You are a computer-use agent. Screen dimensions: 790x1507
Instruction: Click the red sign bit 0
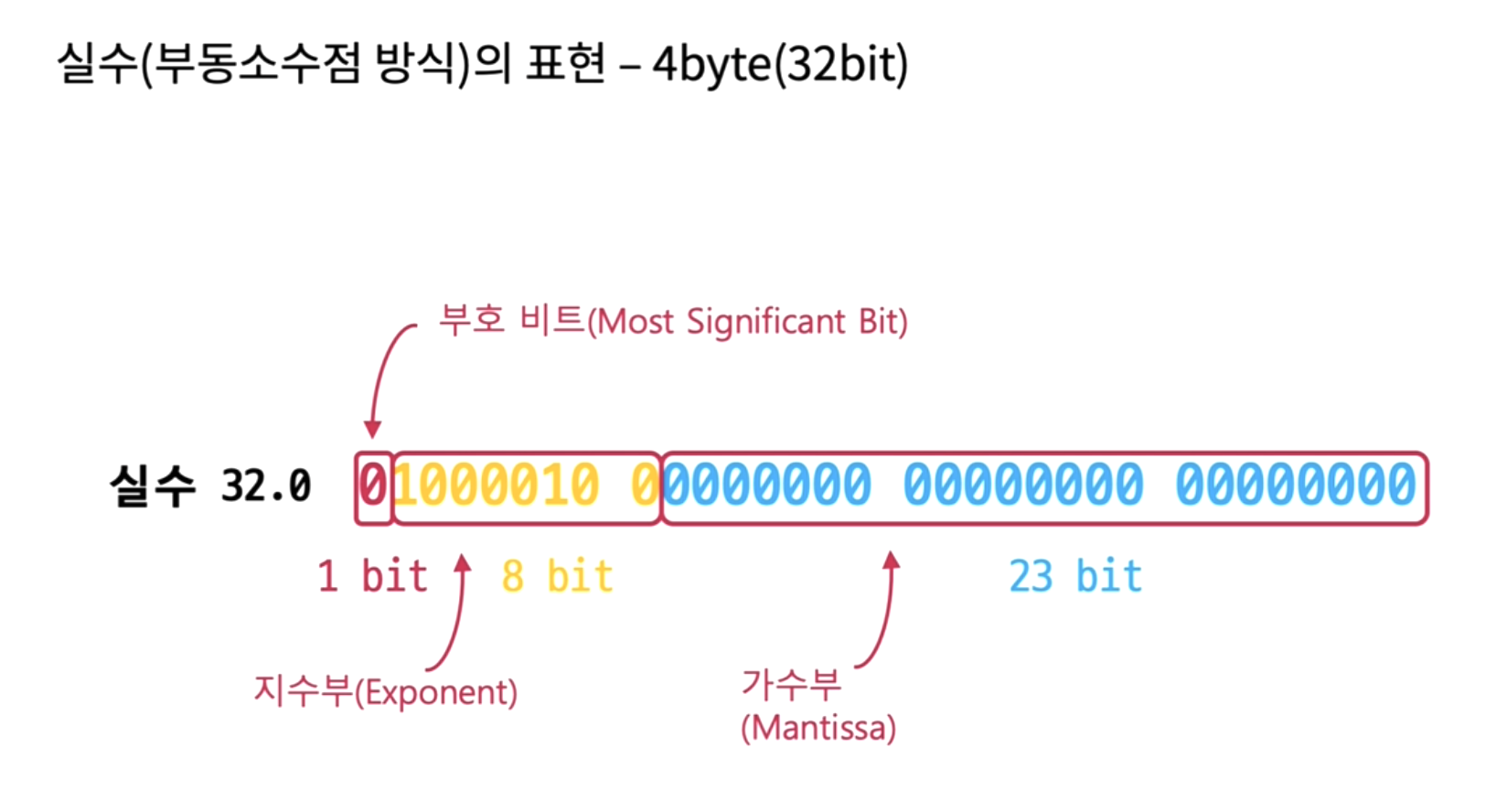point(372,486)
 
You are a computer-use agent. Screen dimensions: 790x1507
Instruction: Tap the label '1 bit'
point(372,577)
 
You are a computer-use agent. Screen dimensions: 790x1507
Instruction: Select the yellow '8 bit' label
point(557,577)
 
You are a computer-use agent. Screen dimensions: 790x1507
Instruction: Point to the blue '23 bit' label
point(1075,577)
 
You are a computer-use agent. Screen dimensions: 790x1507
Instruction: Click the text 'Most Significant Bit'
point(747,323)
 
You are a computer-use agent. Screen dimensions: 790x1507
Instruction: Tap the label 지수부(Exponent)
point(385,691)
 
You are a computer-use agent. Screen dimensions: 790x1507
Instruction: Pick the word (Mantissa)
point(818,729)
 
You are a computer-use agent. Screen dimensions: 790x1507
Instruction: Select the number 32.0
point(266,486)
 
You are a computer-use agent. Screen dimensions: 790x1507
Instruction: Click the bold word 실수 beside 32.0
point(152,486)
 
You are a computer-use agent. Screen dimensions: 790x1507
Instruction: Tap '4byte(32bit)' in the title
point(780,65)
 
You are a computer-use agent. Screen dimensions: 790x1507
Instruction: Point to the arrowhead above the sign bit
point(371,430)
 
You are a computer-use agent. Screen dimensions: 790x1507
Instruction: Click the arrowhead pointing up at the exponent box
point(463,561)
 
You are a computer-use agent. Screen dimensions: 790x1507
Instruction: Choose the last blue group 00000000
point(1296,486)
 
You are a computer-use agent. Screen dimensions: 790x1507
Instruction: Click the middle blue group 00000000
point(1024,486)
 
